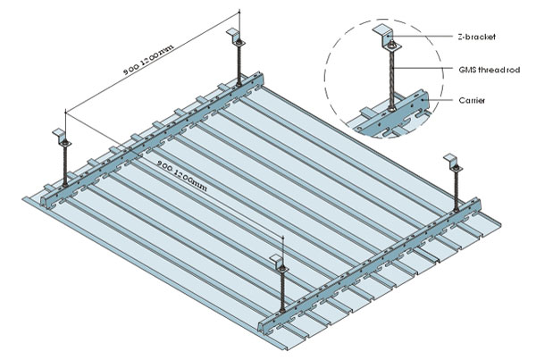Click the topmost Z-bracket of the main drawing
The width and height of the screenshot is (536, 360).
pos(239,37)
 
